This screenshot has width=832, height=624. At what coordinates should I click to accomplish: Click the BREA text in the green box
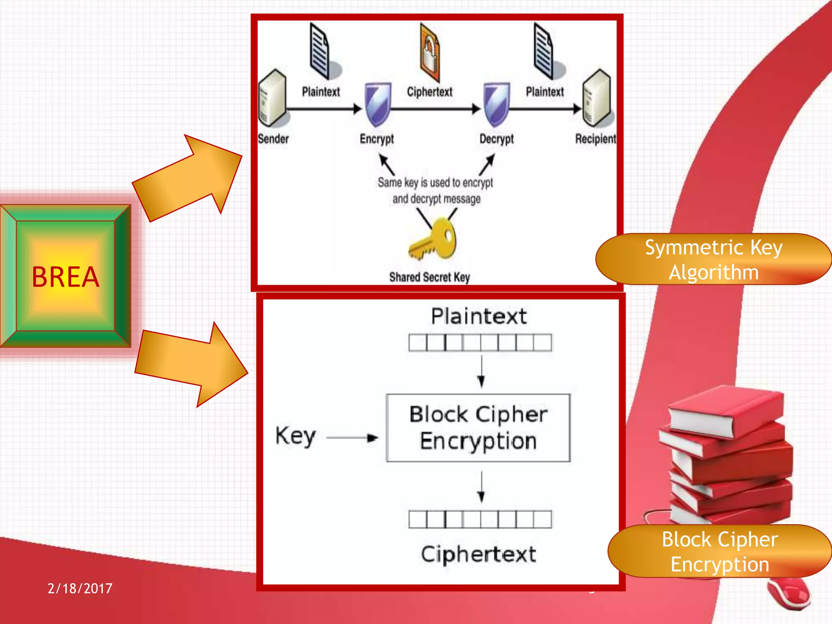pyautogui.click(x=65, y=277)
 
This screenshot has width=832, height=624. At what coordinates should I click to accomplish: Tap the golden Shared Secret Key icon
pyautogui.click(x=433, y=239)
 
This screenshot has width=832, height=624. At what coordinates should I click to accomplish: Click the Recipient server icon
pyautogui.click(x=597, y=97)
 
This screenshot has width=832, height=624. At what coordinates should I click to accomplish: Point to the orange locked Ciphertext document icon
pyautogui.click(x=430, y=53)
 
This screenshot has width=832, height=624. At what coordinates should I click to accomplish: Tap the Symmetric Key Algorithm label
pyautogui.click(x=713, y=260)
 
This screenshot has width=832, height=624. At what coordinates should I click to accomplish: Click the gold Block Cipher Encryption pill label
pyautogui.click(x=719, y=551)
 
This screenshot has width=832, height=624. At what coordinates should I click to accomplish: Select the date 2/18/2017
pyautogui.click(x=80, y=588)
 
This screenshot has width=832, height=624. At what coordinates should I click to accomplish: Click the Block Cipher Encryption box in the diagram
pyautogui.click(x=478, y=428)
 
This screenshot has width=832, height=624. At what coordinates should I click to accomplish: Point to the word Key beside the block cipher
pyautogui.click(x=295, y=436)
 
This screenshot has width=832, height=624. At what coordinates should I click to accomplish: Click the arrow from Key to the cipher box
pyautogui.click(x=352, y=438)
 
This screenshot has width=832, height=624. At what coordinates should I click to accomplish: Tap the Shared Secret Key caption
pyautogui.click(x=429, y=277)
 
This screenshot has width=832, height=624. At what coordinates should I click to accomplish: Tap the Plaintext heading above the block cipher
pyautogui.click(x=479, y=316)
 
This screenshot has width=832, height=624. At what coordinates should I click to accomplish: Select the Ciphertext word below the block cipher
pyautogui.click(x=478, y=554)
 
